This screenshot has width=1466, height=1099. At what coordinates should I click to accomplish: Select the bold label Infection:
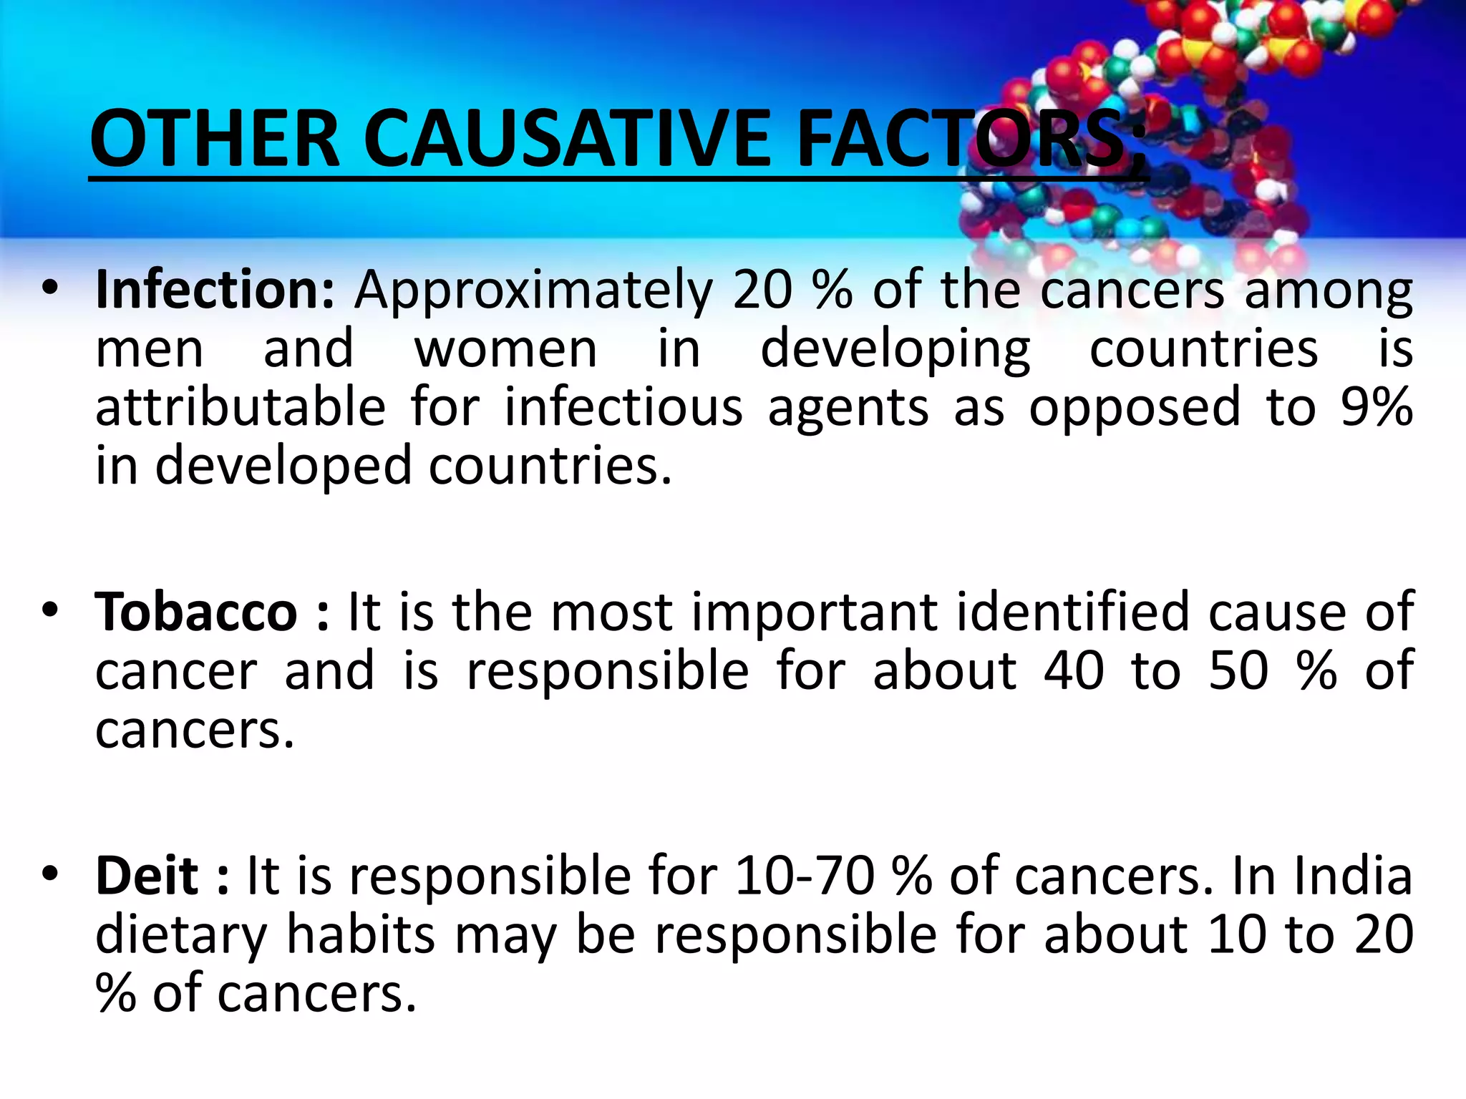pos(215,290)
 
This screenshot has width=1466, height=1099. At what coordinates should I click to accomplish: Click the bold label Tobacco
pos(196,612)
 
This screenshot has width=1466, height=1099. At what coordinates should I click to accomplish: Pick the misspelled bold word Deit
pos(147,876)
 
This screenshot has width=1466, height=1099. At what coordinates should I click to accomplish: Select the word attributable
pos(241,407)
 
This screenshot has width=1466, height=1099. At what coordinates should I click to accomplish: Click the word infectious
pos(623,407)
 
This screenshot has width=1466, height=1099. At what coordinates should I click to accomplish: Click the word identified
pos(1072,612)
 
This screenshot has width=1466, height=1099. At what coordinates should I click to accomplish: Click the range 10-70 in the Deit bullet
pos(805,876)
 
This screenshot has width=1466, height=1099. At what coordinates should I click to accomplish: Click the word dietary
pos(181,936)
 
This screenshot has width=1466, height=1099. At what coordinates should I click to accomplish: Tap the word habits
pos(361,934)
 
